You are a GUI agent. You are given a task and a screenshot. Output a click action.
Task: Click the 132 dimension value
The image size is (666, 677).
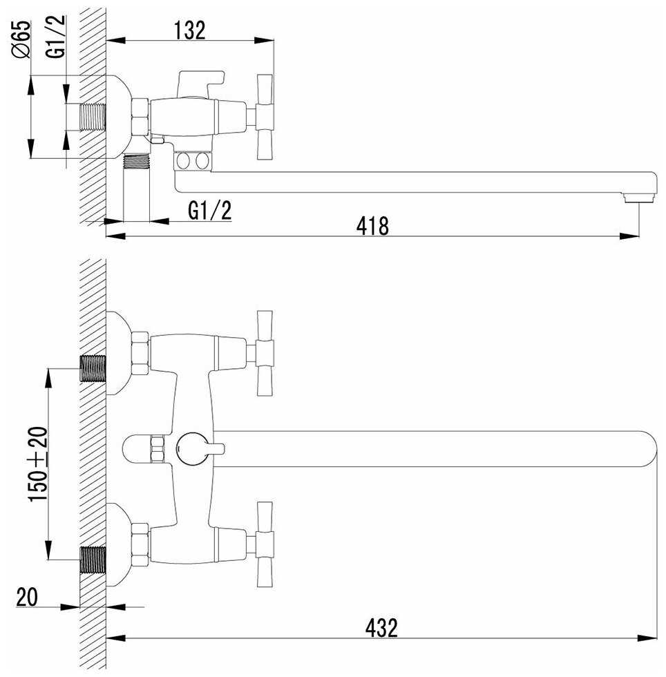pos(189,30)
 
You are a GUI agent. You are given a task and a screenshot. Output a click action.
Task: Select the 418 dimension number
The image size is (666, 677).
pos(372,227)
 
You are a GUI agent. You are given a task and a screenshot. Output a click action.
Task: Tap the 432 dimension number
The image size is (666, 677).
pos(381,628)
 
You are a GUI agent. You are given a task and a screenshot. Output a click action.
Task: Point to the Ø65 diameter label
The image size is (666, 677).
pos(21,39)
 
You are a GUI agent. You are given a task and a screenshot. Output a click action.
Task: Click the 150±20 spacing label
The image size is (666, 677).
pos(37,464)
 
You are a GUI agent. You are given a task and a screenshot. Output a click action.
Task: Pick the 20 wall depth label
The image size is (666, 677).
pos(27,597)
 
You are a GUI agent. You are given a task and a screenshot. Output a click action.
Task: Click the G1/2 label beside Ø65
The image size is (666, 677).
pos(56,36)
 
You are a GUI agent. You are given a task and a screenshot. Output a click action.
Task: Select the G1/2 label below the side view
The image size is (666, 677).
pos(210,211)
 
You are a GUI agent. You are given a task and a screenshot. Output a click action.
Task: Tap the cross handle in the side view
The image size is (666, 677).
pos(265,117)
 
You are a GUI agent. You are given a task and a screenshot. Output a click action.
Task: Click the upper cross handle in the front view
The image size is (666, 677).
pos(265,353)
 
